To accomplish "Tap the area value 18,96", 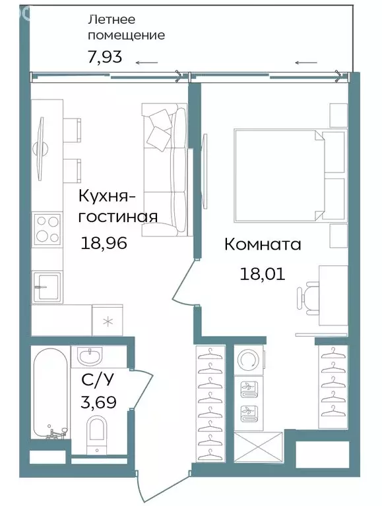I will click(x=104, y=243).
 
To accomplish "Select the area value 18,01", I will click(x=262, y=273).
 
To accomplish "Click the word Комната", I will click(x=263, y=245).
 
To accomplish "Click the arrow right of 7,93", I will click(x=147, y=63).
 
